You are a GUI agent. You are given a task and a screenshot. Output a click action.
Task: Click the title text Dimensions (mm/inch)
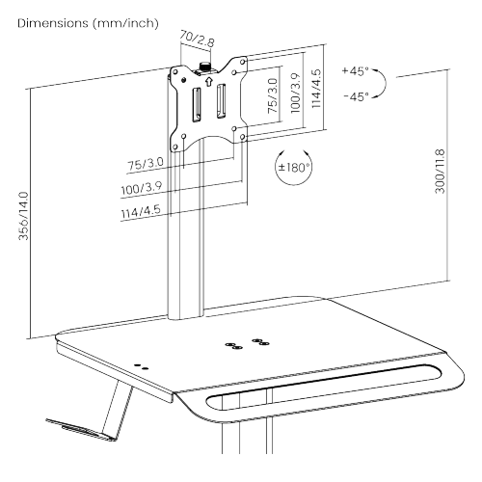click(88, 23)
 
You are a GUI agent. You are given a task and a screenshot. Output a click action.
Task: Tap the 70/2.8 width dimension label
click(197, 39)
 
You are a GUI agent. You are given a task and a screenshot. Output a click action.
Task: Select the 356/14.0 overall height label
click(24, 216)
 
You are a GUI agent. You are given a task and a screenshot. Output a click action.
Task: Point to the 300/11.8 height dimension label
click(440, 172)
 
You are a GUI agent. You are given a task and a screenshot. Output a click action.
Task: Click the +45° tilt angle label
click(355, 70)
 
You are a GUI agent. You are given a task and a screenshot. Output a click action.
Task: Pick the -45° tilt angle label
click(356, 96)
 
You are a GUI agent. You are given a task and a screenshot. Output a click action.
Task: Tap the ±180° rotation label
click(294, 167)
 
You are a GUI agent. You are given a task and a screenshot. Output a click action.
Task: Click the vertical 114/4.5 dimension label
click(316, 89)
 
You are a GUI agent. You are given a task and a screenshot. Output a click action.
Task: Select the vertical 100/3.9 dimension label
click(295, 94)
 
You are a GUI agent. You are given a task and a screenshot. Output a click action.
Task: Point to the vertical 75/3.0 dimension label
click(273, 95)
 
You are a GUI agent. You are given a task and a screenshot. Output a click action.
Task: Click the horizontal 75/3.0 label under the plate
click(146, 164)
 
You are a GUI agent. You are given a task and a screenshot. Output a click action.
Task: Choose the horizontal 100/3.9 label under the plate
click(142, 188)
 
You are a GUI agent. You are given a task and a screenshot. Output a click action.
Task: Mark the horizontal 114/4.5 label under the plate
click(141, 211)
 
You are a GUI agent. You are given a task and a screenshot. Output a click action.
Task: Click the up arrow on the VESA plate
click(208, 81)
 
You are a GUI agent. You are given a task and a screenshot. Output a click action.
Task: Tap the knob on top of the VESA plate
click(204, 67)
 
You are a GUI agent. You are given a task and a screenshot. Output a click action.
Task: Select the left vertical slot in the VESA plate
click(197, 105)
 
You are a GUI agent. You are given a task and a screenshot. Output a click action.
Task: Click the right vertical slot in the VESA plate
click(221, 101)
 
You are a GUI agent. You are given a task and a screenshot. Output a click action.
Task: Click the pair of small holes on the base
click(141, 367)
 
